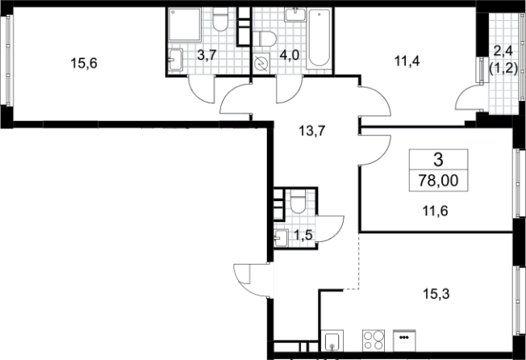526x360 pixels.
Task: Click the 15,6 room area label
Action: click(x=84, y=63)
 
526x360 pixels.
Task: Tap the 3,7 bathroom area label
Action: click(x=208, y=55)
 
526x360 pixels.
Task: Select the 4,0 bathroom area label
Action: click(x=289, y=55)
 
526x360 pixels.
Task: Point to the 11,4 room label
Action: click(x=407, y=61)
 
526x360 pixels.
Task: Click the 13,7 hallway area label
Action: click(x=312, y=131)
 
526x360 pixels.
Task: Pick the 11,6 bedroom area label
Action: click(x=435, y=211)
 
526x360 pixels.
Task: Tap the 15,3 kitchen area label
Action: click(x=436, y=295)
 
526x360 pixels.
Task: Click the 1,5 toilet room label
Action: click(x=303, y=236)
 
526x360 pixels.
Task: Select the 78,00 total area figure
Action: click(x=438, y=181)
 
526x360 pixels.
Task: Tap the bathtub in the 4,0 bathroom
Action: click(x=319, y=38)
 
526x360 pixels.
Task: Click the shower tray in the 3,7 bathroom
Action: click(x=185, y=24)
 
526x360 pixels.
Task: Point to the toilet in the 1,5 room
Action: click(x=298, y=201)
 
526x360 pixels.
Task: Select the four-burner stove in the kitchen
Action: click(x=374, y=340)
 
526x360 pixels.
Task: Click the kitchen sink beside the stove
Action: click(x=332, y=341)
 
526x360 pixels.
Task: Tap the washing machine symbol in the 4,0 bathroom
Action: click(x=261, y=63)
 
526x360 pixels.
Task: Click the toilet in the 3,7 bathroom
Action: click(x=220, y=20)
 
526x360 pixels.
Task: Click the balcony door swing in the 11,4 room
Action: click(x=467, y=98)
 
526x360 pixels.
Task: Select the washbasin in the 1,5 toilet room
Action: click(x=281, y=238)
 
